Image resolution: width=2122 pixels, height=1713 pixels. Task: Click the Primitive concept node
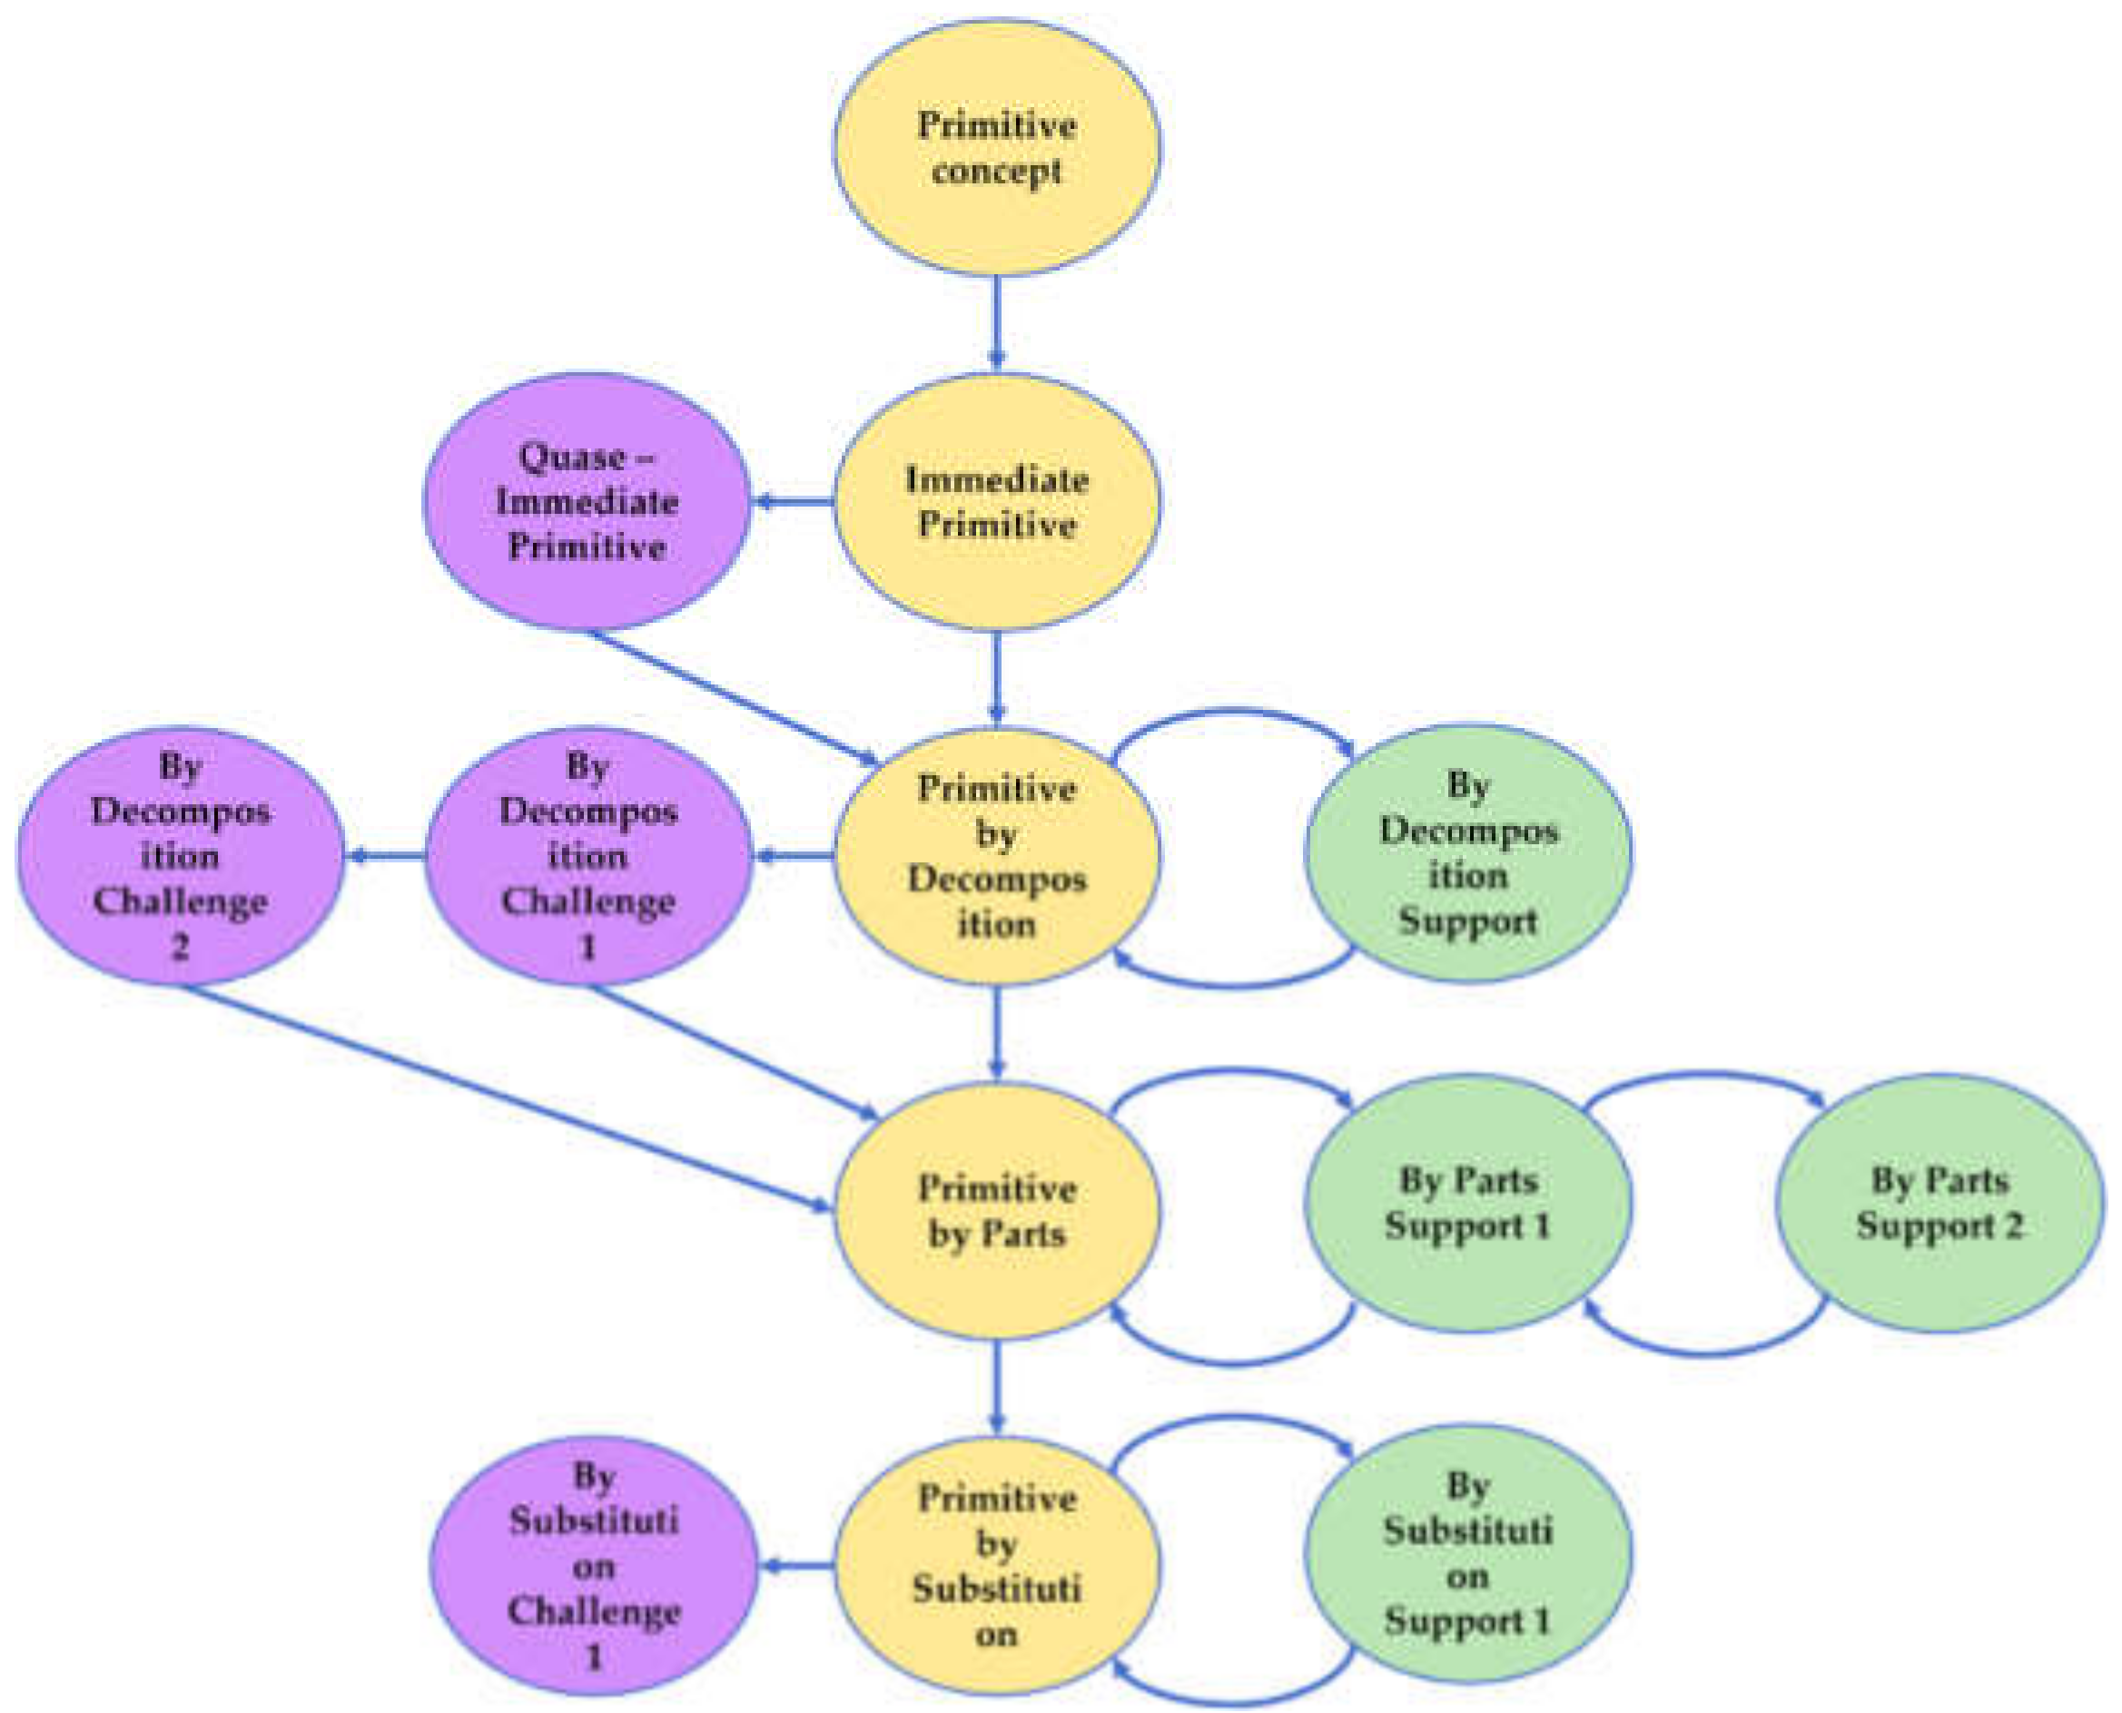click(997, 148)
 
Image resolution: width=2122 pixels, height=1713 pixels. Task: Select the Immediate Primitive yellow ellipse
click(997, 501)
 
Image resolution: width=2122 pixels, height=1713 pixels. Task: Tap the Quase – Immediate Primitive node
click(587, 501)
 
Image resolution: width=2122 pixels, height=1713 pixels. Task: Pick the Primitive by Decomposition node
click(997, 855)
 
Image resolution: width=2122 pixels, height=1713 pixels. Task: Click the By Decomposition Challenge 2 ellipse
click(181, 855)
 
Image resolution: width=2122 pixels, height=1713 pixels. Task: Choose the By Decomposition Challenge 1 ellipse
click(588, 855)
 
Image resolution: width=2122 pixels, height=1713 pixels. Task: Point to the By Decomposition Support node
click(1467, 853)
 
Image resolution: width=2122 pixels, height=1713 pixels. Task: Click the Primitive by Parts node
click(997, 1211)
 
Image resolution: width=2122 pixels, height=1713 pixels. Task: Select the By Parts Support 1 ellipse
click(1467, 1203)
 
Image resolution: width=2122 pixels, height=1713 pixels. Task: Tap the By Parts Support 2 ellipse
click(1939, 1203)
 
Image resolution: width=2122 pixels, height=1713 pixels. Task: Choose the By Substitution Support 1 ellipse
click(1467, 1554)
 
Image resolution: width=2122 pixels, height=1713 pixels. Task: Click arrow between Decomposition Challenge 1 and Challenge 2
click(387, 855)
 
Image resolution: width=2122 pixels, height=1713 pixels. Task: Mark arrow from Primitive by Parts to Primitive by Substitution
click(997, 1386)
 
